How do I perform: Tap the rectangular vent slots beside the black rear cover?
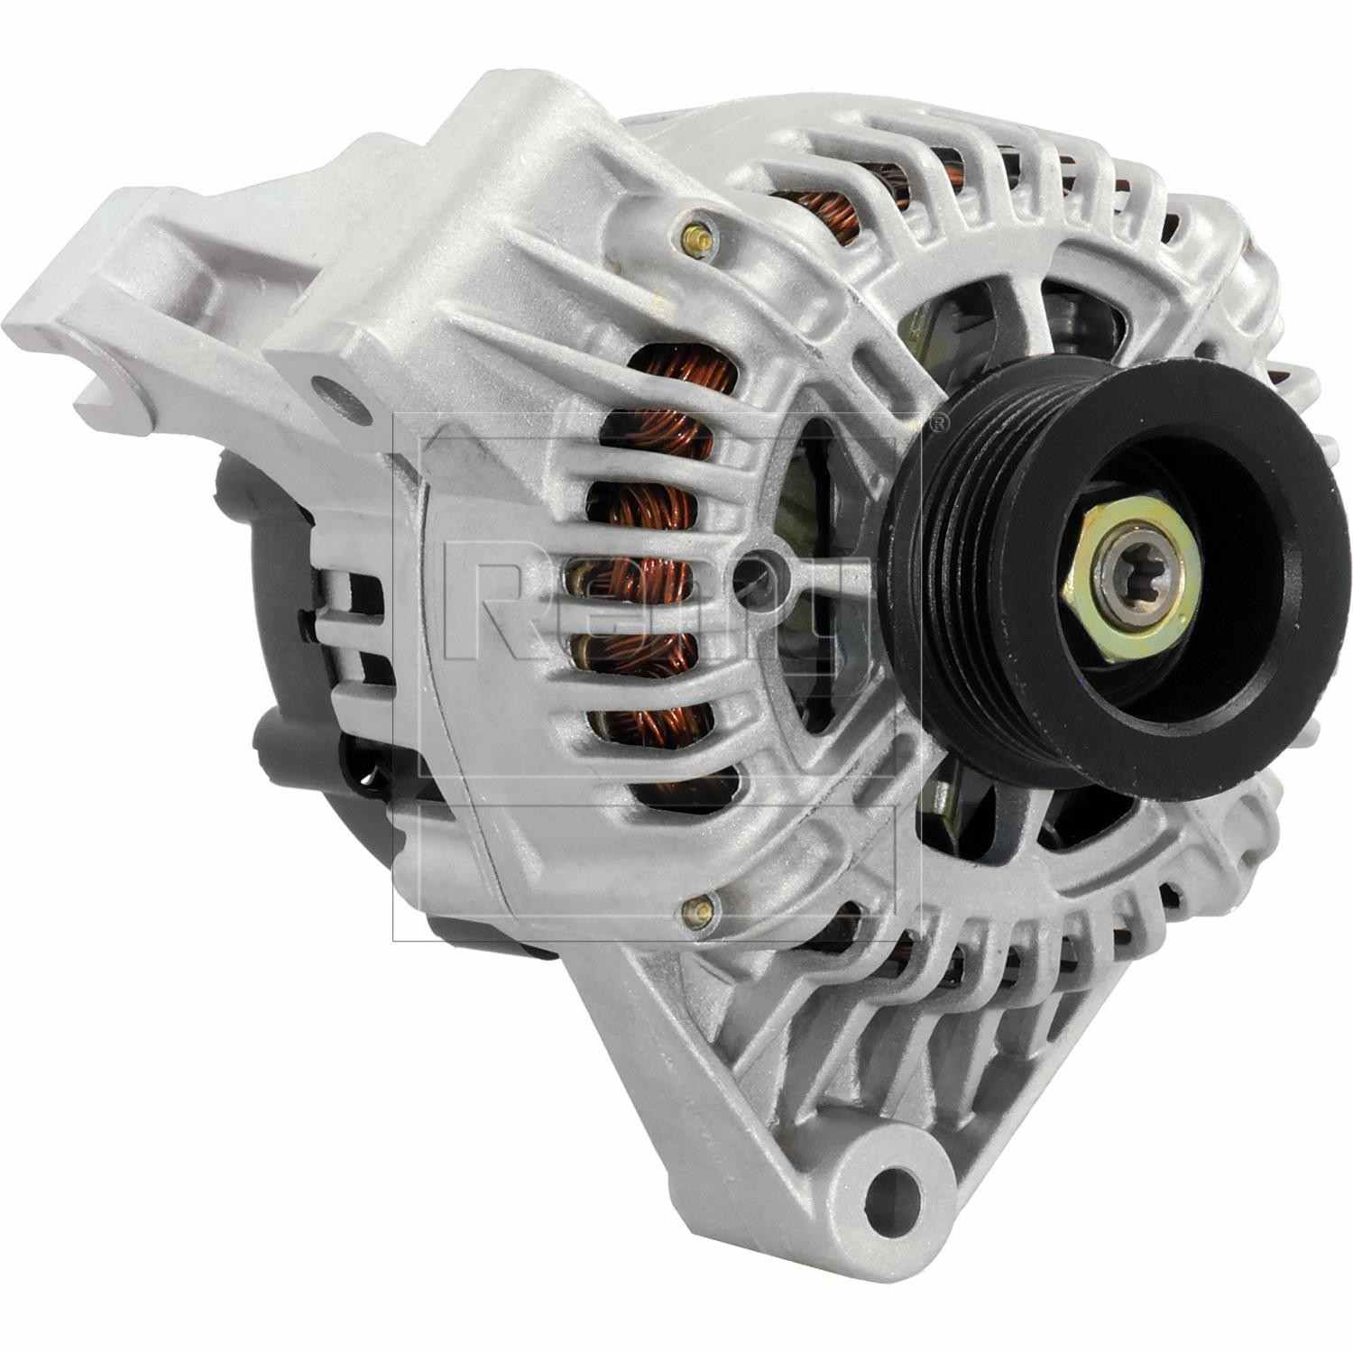coord(356,613)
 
